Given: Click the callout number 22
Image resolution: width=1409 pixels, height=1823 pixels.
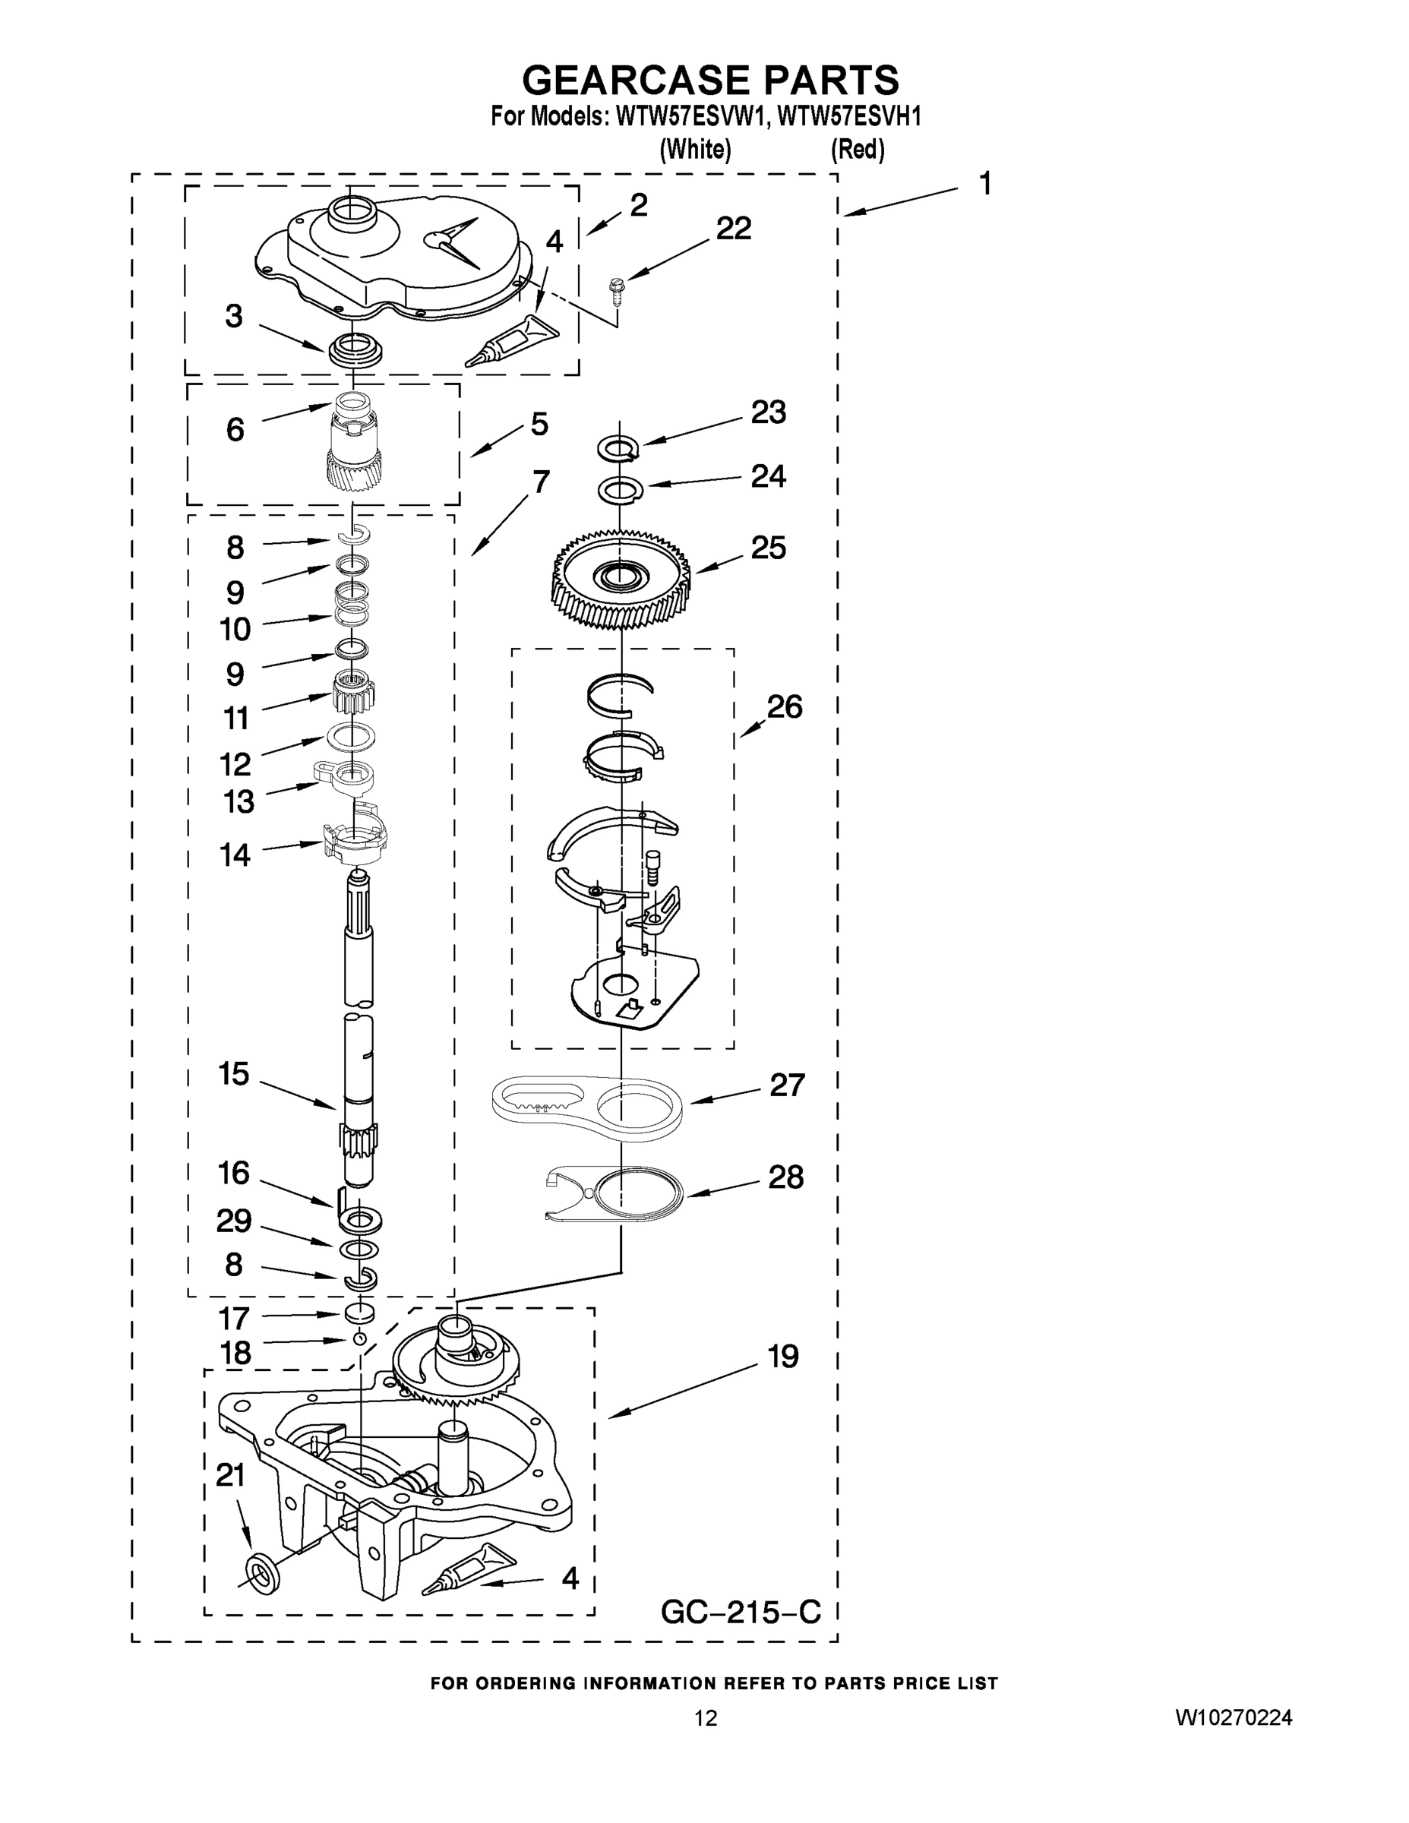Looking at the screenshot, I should click(734, 228).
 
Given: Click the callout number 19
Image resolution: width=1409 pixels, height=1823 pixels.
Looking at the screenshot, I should click(783, 1357).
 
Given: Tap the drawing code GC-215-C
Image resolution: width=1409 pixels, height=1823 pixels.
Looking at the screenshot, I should click(741, 1612).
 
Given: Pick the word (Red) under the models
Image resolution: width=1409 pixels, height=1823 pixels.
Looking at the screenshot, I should click(858, 150).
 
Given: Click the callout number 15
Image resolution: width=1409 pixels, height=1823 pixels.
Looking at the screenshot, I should click(234, 1073).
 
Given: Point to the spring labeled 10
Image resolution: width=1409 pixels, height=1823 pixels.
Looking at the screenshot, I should click(352, 604).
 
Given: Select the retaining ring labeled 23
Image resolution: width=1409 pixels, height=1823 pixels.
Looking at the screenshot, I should click(618, 449).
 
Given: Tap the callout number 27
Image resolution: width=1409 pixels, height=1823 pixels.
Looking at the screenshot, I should click(787, 1085).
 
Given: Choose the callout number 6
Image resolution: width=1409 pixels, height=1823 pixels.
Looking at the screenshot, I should click(235, 429).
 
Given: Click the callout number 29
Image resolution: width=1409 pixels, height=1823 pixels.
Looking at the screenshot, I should click(234, 1221).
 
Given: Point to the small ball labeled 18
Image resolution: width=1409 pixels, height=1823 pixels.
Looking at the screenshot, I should click(359, 1339).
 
